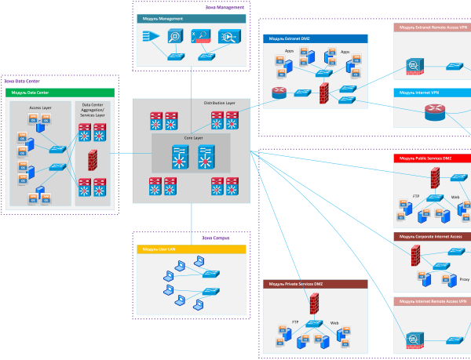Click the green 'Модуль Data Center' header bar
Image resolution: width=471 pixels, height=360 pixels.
(x=60, y=92)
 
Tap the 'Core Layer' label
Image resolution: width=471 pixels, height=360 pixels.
(x=193, y=137)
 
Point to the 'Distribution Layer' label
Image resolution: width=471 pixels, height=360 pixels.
(x=219, y=103)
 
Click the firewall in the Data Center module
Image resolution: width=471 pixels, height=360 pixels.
(x=93, y=160)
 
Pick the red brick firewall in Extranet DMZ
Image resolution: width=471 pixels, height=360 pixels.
(x=325, y=93)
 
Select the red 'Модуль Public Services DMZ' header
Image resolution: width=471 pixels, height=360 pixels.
(x=432, y=158)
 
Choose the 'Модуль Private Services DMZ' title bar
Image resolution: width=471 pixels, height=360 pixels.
(x=315, y=283)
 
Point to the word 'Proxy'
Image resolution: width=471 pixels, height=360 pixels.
(x=464, y=279)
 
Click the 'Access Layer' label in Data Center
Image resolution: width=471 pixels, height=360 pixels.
(x=40, y=107)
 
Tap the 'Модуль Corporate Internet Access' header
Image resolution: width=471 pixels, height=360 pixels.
(x=432, y=236)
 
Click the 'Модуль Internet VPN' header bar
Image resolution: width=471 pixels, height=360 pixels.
(x=432, y=93)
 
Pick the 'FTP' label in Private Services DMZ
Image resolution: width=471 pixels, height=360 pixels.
(x=295, y=322)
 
